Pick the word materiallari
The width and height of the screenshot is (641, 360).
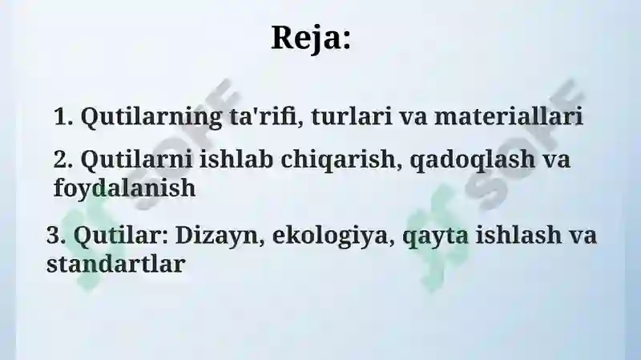[509, 116]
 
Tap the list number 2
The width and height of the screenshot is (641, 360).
[63, 159]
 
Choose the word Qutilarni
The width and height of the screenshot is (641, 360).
[136, 160]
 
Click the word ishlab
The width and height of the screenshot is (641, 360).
[236, 159]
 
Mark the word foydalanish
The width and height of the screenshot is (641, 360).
[125, 189]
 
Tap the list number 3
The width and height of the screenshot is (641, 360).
[56, 235]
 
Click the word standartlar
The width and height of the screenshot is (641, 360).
[116, 264]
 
